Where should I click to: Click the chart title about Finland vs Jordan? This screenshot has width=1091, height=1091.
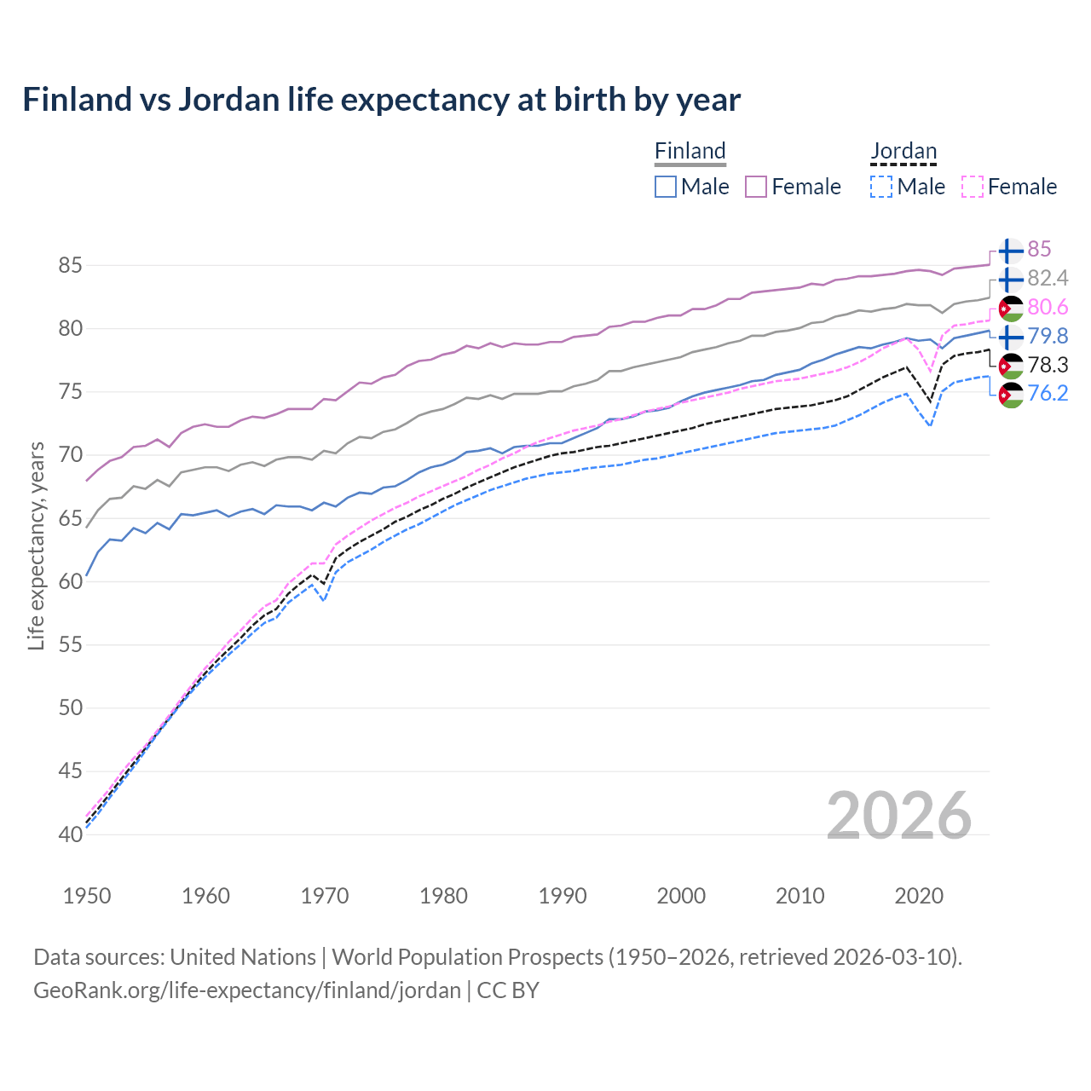coord(381,100)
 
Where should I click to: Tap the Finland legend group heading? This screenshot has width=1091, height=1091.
coord(690,152)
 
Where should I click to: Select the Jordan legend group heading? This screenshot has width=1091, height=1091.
coord(903,152)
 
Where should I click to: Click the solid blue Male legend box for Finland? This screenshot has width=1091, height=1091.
coord(666,187)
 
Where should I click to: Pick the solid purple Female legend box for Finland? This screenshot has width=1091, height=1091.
coord(756,187)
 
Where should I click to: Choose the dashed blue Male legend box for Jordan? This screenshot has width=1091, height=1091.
coord(881,187)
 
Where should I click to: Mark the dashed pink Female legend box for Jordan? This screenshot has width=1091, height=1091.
coord(973,187)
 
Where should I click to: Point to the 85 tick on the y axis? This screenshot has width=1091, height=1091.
coord(70,266)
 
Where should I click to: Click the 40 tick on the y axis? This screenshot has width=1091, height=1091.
coord(70,834)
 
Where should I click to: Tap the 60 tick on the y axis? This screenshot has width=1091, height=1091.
coord(70,581)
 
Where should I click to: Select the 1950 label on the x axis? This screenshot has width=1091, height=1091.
coord(87,896)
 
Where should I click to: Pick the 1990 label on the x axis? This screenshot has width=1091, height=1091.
coord(563,896)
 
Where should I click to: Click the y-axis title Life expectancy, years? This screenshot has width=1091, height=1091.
coord(36,545)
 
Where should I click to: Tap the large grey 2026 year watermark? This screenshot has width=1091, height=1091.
coord(898,816)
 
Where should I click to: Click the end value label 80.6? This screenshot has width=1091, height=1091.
coord(1048,307)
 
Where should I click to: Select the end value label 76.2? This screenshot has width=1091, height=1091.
coord(1048,394)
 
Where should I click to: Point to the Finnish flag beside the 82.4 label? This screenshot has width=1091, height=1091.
coord(1011,279)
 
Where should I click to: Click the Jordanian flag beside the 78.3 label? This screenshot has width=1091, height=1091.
coord(1011,366)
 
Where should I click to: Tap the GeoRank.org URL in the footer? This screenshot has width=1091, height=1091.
coord(247,990)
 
